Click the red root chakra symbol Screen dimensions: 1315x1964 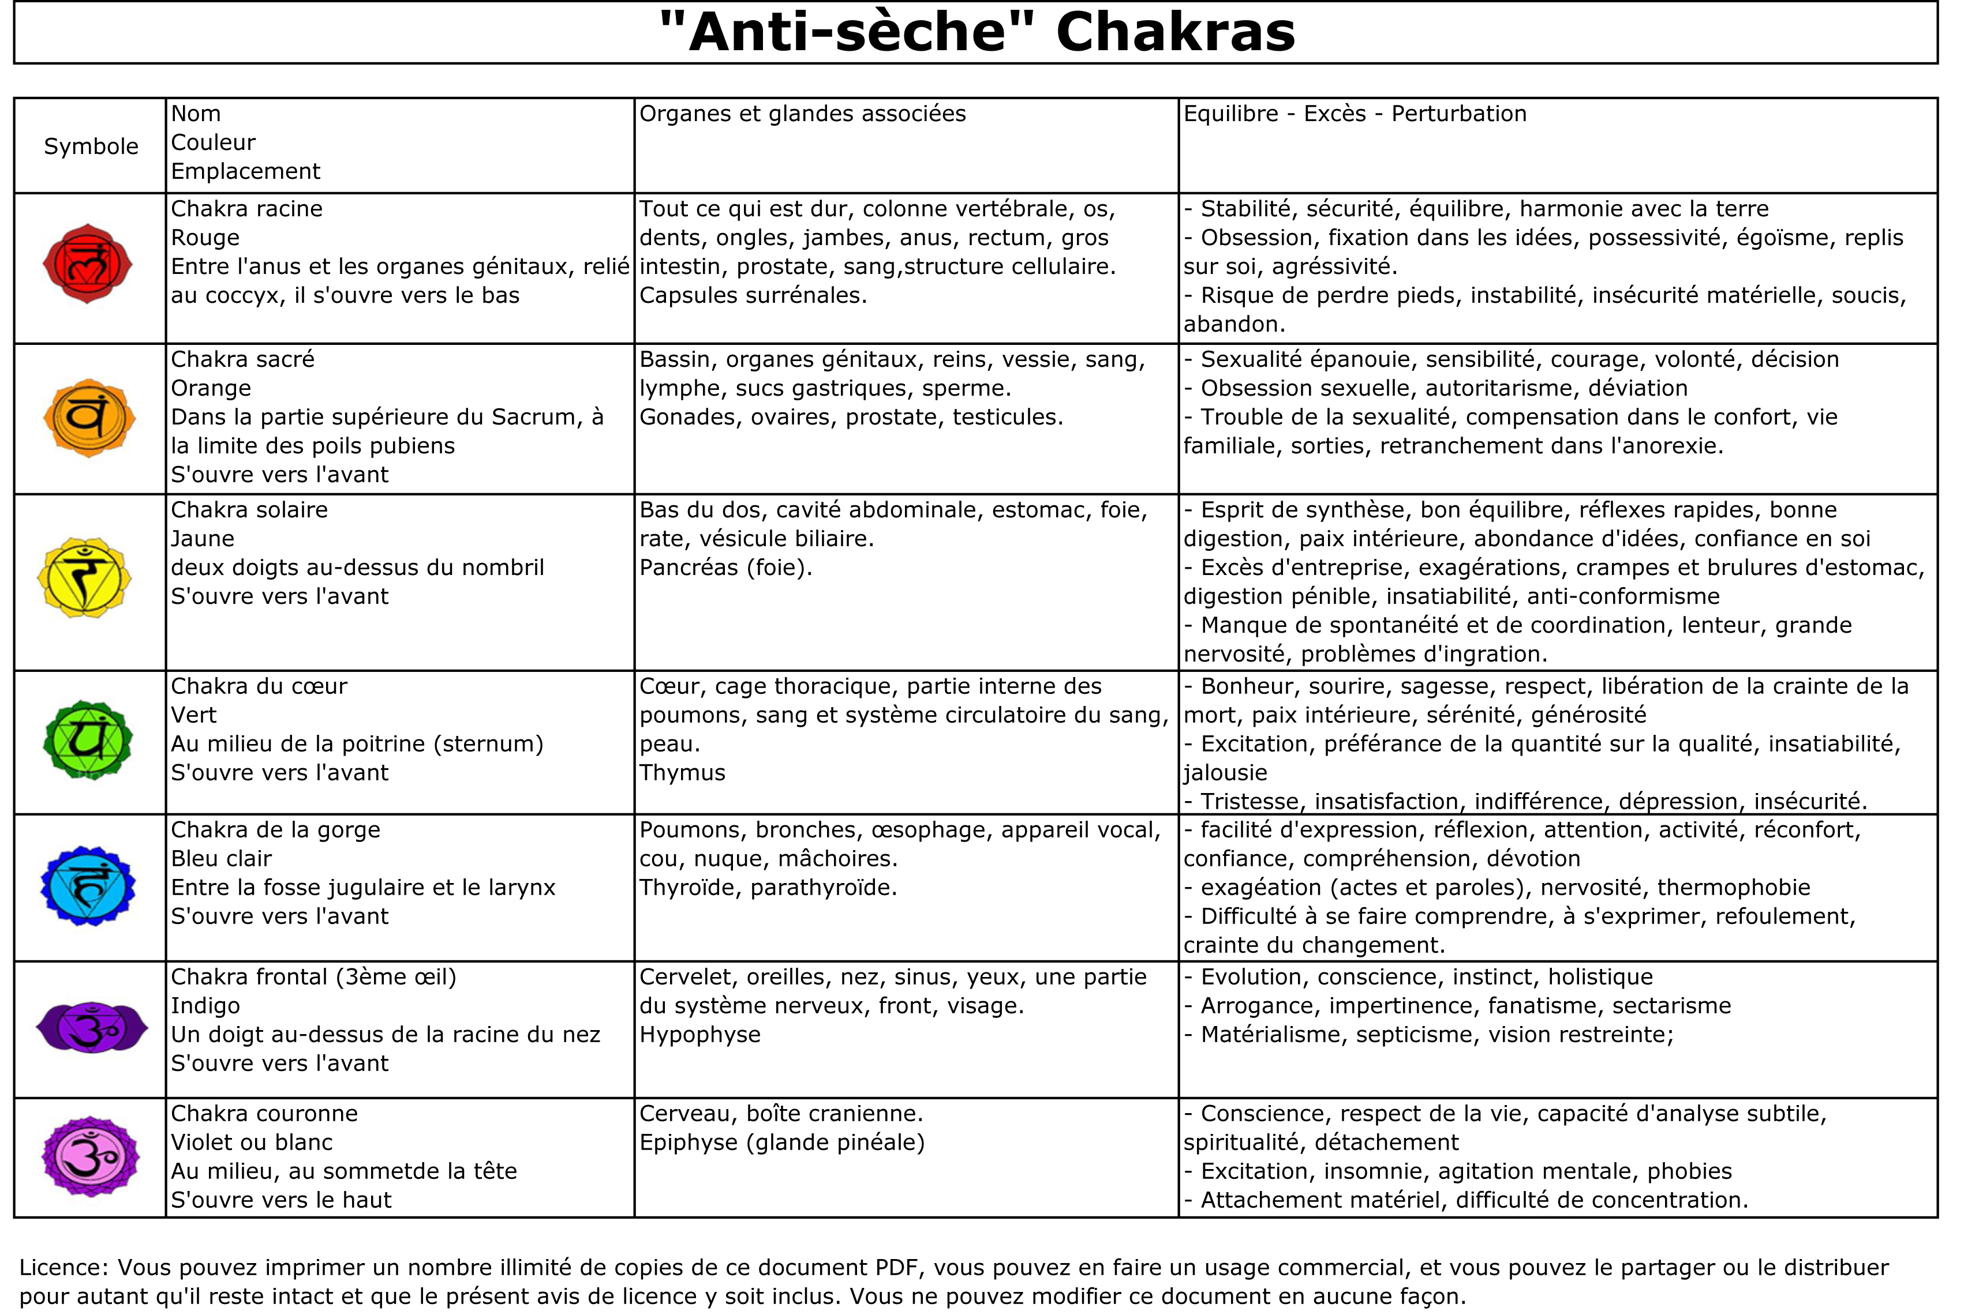tap(88, 264)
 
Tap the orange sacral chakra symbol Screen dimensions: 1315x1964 tap(89, 417)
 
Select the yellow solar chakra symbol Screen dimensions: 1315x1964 tap(85, 578)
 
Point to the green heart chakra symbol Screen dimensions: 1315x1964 tap(88, 739)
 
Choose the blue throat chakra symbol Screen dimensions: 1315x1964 tap(88, 886)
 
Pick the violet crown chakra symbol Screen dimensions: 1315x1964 tap(90, 1156)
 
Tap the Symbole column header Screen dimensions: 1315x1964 tap(91, 146)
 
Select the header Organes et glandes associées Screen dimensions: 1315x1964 tap(802, 113)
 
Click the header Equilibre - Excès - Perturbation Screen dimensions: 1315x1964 tap(1354, 113)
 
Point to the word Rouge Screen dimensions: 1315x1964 tap(205, 238)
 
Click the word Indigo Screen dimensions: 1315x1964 tap(205, 1005)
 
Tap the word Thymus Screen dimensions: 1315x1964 tap(682, 772)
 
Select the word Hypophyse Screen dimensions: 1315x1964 tap(699, 1034)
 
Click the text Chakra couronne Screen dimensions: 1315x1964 tap(264, 1113)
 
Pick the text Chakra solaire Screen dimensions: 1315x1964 tap(249, 509)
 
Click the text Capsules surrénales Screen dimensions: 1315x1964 tap(753, 295)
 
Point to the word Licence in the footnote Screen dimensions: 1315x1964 tap(63, 1267)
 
